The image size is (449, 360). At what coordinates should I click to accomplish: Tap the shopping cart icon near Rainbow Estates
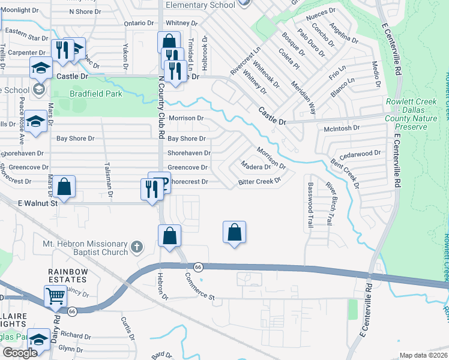(x=55, y=296)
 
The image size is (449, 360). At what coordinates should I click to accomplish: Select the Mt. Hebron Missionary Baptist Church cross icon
(x=137, y=246)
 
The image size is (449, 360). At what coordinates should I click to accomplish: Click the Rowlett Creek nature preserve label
(x=414, y=115)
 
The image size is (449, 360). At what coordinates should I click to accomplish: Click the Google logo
(x=20, y=353)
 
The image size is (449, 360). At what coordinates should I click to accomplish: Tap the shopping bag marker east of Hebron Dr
(x=235, y=232)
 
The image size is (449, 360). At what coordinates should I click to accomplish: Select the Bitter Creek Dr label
(x=259, y=181)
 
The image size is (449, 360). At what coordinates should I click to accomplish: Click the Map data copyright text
(x=423, y=355)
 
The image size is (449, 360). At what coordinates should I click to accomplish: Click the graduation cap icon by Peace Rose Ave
(x=36, y=122)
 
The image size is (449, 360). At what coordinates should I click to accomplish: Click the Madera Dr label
(x=256, y=166)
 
